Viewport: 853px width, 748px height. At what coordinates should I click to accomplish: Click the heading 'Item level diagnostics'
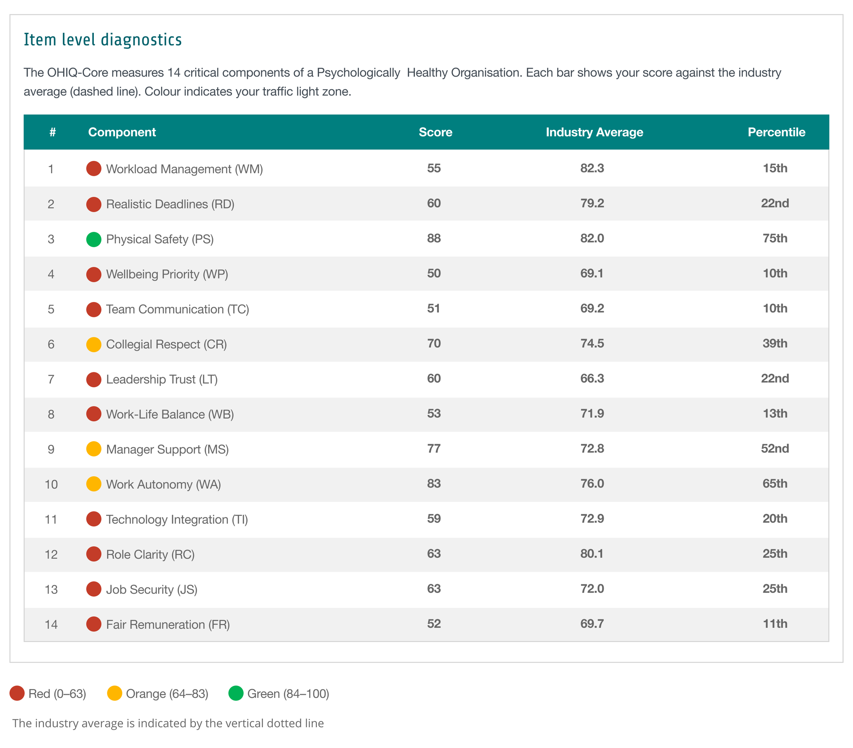103,40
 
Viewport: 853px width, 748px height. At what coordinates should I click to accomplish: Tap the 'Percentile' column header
776,132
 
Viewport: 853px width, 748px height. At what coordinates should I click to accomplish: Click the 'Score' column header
435,132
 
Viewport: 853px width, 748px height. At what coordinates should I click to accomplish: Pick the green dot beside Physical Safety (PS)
93,239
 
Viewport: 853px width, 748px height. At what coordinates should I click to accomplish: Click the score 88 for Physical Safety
434,239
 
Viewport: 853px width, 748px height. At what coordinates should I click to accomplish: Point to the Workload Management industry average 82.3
592,168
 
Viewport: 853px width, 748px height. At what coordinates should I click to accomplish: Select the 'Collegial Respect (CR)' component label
166,344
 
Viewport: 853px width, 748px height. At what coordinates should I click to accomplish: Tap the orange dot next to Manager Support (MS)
93,449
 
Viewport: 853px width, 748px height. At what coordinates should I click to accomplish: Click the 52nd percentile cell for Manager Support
775,449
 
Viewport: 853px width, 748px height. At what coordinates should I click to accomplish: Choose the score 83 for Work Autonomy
434,484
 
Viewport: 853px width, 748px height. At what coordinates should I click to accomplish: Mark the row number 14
51,625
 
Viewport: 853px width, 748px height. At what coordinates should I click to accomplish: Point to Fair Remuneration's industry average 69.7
592,624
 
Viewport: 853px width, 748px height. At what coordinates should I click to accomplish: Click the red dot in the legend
17,693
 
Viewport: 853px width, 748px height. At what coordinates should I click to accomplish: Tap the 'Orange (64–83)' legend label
167,694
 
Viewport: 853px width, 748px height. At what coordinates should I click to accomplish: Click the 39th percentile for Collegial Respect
775,344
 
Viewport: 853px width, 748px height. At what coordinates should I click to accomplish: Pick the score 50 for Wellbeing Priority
434,273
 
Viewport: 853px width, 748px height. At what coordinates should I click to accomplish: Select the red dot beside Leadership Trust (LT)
93,379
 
